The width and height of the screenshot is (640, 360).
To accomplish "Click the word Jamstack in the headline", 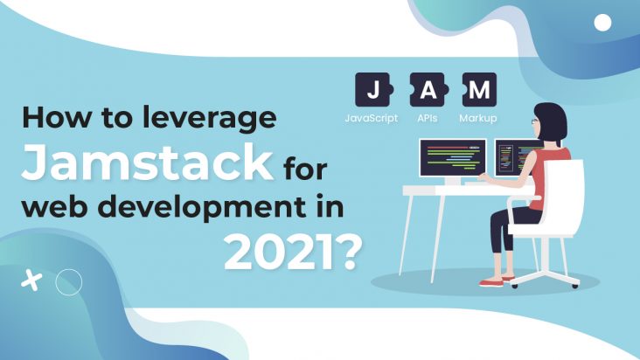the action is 147,162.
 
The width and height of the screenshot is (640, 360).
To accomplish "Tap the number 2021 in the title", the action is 279,253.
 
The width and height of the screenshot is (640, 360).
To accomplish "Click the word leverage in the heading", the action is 209,118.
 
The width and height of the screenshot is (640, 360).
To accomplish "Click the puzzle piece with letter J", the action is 374,90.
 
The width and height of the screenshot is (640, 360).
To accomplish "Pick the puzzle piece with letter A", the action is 428,90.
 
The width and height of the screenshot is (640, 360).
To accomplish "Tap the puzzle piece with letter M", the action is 479,90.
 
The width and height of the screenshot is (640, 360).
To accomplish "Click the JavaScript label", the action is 372,118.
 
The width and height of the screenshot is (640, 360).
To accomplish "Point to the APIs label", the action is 428,118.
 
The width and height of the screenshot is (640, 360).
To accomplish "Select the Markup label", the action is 478,118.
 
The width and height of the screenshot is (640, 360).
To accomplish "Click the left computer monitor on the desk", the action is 453,158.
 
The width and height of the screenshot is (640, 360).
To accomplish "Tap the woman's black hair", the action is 551,121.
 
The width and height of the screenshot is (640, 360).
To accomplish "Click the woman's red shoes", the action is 496,281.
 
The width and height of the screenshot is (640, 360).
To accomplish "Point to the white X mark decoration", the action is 31,280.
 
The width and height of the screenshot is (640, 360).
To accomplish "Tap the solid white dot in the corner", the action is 602,23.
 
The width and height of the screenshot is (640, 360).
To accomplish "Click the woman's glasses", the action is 535,121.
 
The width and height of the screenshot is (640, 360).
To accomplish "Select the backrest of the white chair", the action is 567,196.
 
